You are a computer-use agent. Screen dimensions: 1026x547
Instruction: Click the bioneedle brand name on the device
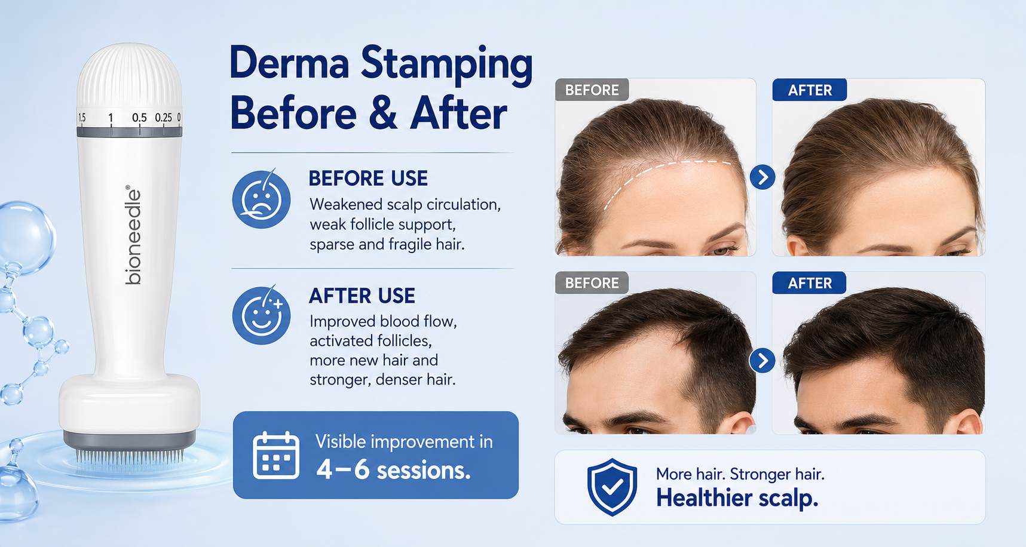click(x=133, y=235)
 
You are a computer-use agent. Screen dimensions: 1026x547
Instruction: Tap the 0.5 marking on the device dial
click(x=139, y=118)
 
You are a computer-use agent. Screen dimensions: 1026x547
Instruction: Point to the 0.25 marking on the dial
click(x=163, y=118)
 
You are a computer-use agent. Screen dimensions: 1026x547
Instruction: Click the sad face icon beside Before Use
click(x=261, y=199)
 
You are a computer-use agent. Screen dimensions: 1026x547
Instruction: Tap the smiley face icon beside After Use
click(x=261, y=315)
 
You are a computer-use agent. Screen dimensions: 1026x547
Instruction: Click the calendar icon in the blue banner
click(x=275, y=455)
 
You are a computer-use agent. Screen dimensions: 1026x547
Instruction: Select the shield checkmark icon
click(x=611, y=487)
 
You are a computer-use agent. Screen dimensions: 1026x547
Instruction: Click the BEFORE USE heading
click(x=368, y=178)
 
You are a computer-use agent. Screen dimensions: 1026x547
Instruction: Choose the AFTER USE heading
click(x=362, y=296)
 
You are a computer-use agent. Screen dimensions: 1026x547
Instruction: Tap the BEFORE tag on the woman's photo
click(x=592, y=90)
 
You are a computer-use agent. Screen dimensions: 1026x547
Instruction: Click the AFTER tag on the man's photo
click(x=809, y=283)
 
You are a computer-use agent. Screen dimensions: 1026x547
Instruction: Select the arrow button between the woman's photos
click(x=762, y=177)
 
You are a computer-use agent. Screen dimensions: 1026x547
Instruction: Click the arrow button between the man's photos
click(x=762, y=360)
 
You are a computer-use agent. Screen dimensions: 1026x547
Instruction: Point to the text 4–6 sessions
click(x=394, y=470)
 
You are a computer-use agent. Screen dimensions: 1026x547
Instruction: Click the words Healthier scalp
click(x=737, y=497)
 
